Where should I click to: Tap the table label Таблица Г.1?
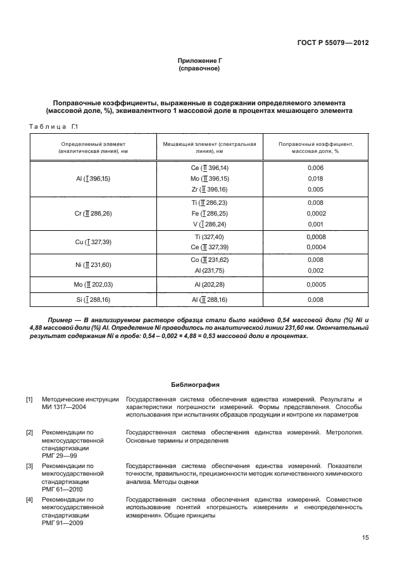[54, 128]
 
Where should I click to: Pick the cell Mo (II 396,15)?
[209, 179]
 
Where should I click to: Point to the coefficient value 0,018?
[315, 179]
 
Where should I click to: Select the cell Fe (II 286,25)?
[209, 214]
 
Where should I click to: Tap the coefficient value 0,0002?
[315, 214]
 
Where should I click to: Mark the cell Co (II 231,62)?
[209, 259]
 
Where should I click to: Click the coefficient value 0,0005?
[315, 285]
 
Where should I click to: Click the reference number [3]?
[29, 466]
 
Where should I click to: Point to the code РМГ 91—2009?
[61, 523]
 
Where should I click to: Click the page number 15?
[365, 538]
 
